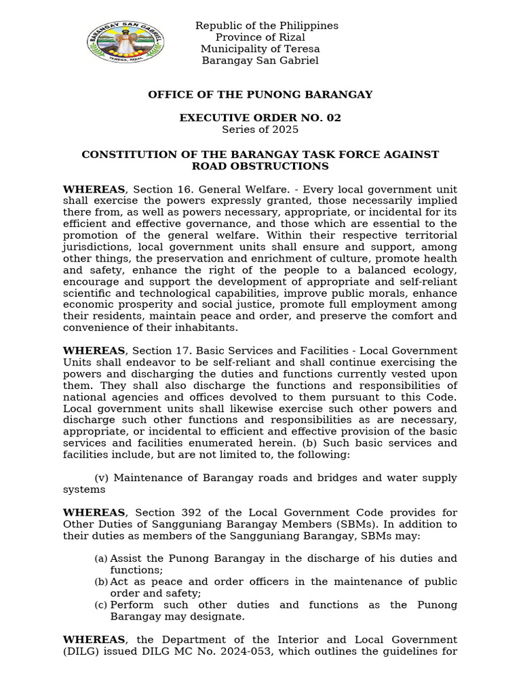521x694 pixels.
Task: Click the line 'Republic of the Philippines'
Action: [x=267, y=26]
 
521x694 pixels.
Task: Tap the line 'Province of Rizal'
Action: [x=260, y=37]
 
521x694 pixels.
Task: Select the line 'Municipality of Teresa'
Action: [x=260, y=49]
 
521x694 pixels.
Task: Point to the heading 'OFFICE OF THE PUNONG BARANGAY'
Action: [x=260, y=95]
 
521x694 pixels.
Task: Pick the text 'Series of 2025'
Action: [x=260, y=129]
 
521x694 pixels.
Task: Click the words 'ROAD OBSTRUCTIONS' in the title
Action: [x=260, y=166]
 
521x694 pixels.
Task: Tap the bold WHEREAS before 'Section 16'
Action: [x=94, y=189]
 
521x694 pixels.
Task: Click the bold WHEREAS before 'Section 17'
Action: [x=94, y=350]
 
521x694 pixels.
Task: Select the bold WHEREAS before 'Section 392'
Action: [x=94, y=512]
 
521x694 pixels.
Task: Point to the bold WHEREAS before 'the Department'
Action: [x=94, y=640]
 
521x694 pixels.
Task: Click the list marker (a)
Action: [x=100, y=558]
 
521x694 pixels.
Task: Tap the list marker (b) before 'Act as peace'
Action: [x=100, y=581]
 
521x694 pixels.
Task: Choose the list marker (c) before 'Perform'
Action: [x=100, y=605]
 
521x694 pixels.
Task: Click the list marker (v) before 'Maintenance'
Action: [x=101, y=478]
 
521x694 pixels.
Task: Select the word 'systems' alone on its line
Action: [x=84, y=489]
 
